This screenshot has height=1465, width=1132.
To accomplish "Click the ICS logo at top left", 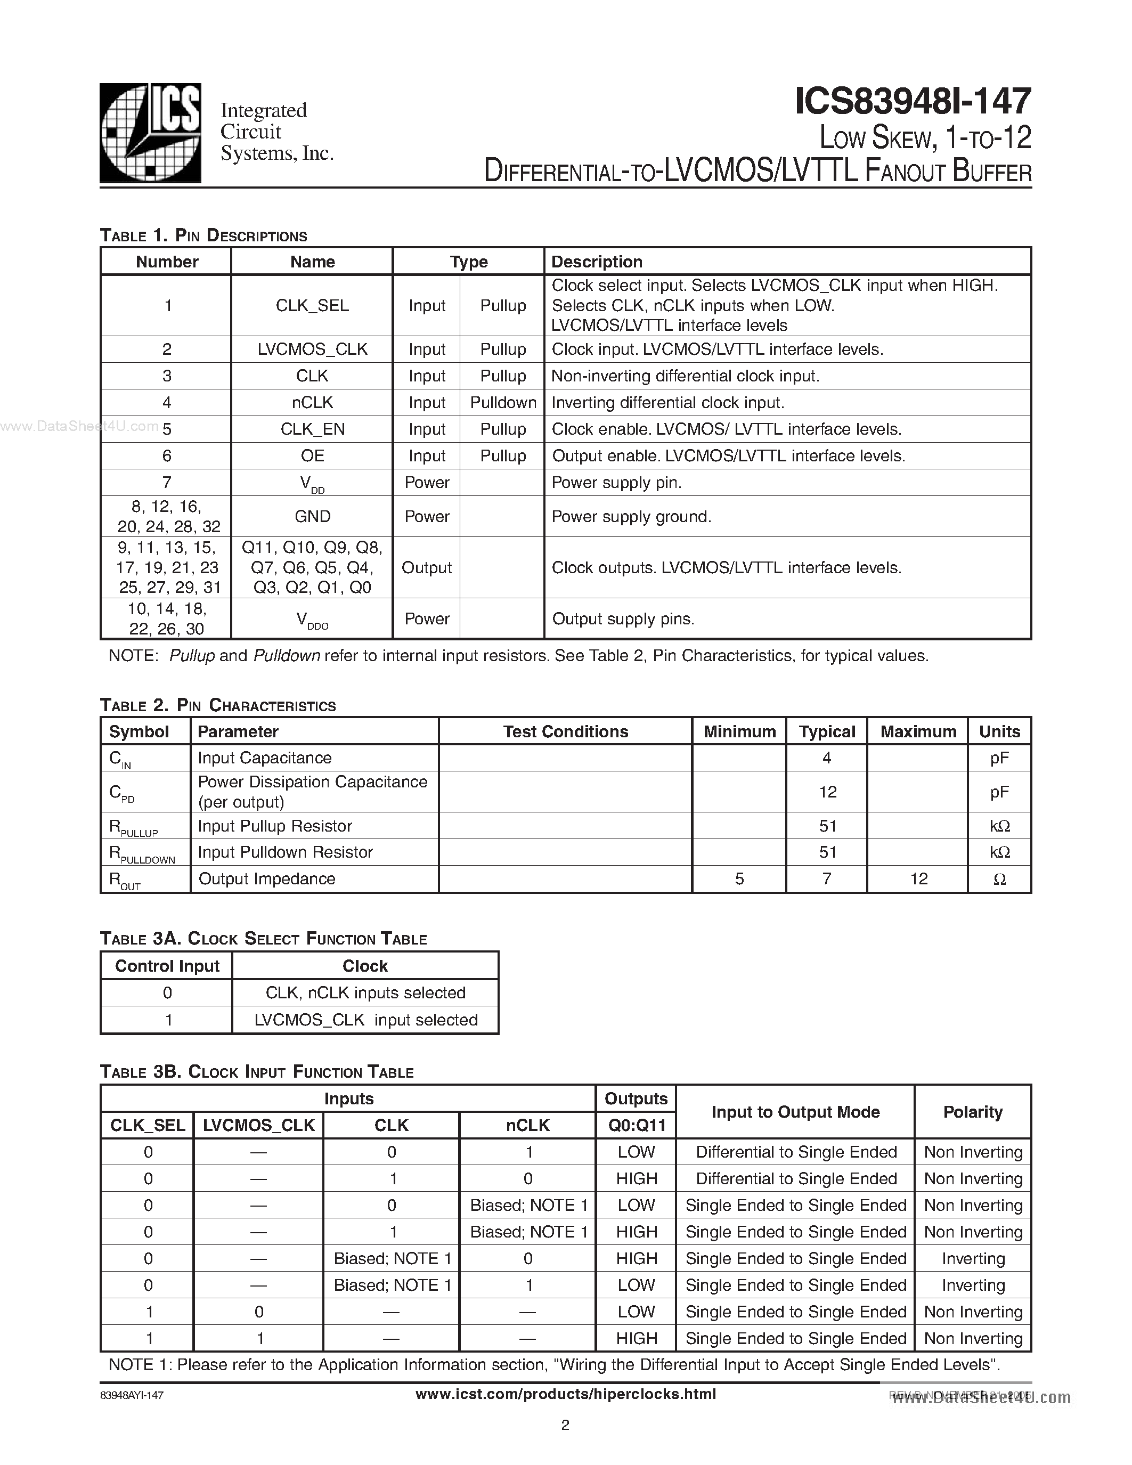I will (150, 133).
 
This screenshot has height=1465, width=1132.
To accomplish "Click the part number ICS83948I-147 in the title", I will (912, 102).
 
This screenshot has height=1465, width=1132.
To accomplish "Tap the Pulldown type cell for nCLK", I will (503, 402).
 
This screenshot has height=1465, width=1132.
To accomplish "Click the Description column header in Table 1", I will (597, 262).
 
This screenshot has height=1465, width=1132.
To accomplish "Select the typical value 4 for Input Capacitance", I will (826, 758).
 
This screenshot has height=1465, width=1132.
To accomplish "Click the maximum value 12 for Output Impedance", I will (918, 878).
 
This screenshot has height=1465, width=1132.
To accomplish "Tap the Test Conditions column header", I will (565, 732).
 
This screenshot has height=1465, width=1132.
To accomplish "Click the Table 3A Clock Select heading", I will (263, 939).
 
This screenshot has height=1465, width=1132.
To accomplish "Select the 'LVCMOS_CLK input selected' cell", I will (365, 1020).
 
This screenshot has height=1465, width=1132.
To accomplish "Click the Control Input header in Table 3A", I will (167, 966).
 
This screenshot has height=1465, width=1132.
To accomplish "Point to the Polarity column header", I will (972, 1112).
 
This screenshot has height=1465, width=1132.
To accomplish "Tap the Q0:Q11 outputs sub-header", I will (636, 1126).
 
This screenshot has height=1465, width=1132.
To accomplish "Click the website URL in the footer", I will (565, 1395).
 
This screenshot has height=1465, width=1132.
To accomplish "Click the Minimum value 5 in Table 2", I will (739, 878).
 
